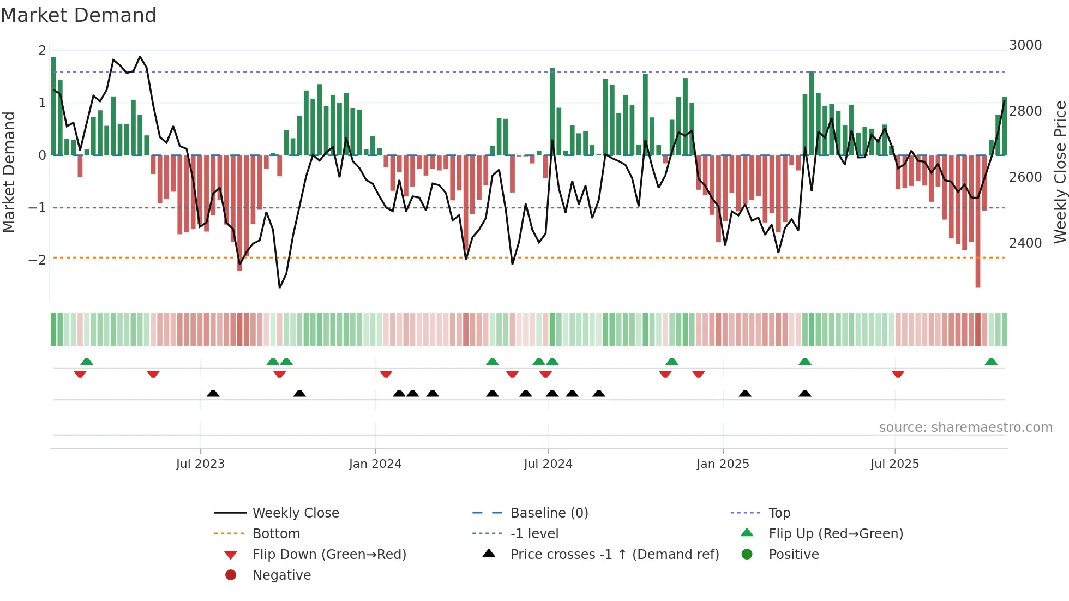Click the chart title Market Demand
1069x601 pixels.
coord(79,15)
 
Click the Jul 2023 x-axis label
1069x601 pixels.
coord(200,464)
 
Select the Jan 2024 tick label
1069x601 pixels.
coord(375,464)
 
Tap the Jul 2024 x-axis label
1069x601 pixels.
coord(548,464)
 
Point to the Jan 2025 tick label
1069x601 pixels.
coord(723,464)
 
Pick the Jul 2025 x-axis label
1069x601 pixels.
coord(894,464)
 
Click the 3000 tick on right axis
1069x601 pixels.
coord(1025,45)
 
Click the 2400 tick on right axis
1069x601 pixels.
coord(1025,243)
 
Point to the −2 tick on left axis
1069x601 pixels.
coord(37,260)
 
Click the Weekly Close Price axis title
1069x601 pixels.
coord(1060,172)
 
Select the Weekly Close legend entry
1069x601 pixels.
coord(295,513)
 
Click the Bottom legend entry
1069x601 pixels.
coord(276,533)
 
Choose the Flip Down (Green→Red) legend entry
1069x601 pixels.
coord(329,554)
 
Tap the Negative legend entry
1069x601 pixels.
coord(281,575)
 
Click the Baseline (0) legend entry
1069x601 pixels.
coord(549,513)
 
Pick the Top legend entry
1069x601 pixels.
coord(779,513)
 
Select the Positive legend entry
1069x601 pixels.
coord(794,554)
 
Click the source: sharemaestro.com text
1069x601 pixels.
coord(965,427)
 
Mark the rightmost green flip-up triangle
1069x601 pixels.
coord(991,362)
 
